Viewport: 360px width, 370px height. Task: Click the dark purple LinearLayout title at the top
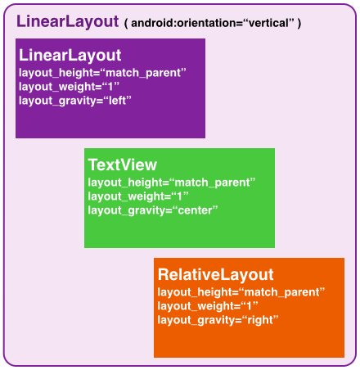(x=67, y=22)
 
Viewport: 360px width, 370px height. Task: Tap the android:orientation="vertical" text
(x=213, y=23)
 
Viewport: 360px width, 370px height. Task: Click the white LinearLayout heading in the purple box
(x=70, y=56)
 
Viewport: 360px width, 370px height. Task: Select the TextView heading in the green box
(x=123, y=165)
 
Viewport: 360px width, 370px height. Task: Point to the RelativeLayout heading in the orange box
(x=215, y=274)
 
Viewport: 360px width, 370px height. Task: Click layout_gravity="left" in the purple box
(x=75, y=101)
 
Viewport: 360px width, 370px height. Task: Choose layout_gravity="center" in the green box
(x=153, y=210)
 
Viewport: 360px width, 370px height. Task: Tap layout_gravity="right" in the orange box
(x=218, y=320)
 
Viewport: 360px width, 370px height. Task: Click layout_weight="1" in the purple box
(x=69, y=87)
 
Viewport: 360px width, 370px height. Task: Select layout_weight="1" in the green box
(x=138, y=196)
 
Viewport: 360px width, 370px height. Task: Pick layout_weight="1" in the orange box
(x=208, y=306)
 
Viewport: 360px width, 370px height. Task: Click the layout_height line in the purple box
(x=102, y=73)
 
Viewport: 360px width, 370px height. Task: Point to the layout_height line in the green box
(x=172, y=183)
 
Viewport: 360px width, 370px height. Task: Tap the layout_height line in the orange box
(x=241, y=292)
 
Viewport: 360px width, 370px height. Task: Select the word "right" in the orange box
(x=260, y=320)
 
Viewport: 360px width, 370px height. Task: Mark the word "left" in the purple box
(x=117, y=101)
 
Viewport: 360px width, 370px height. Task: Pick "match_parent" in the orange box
(x=281, y=292)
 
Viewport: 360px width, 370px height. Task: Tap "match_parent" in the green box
(x=212, y=183)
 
